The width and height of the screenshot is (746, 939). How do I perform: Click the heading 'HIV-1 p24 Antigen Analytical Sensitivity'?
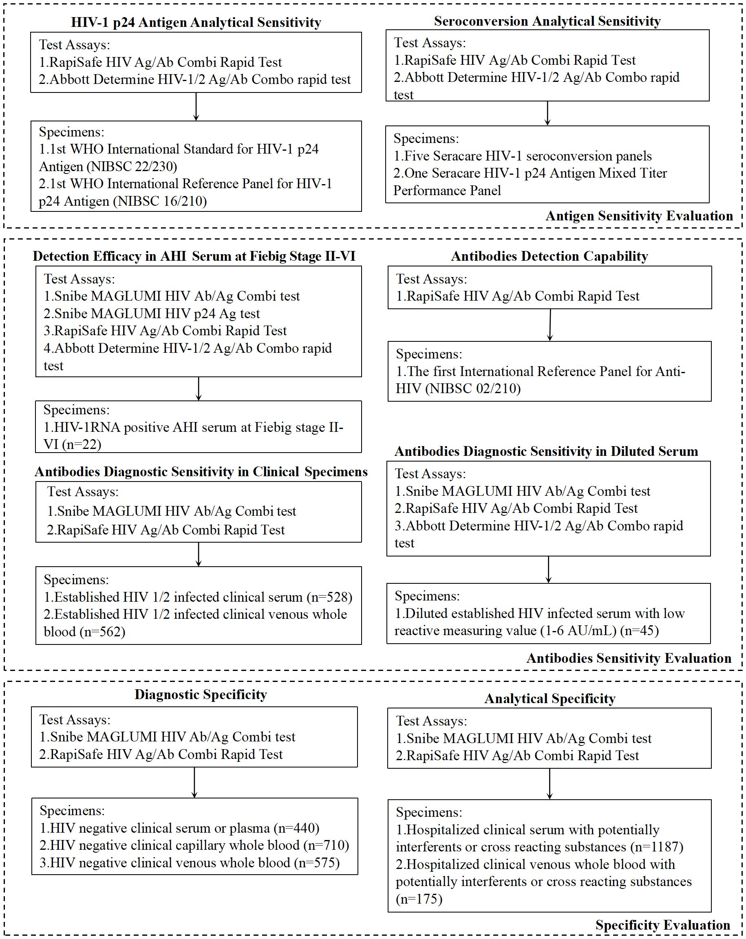[x=196, y=22]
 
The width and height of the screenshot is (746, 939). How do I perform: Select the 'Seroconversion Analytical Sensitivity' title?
[x=547, y=21]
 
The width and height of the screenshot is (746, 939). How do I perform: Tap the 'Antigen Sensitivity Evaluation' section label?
[x=639, y=216]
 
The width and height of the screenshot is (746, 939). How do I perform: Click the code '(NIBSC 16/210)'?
[x=170, y=201]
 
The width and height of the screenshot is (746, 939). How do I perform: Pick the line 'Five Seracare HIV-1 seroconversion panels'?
[x=527, y=156]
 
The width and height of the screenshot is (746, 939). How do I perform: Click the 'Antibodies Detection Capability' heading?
[x=549, y=256]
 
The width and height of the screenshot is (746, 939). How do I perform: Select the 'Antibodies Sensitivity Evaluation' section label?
[x=628, y=658]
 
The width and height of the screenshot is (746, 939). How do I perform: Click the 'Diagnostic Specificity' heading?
[x=201, y=694]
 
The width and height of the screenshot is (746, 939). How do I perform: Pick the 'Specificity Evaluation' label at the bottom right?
[x=662, y=925]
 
